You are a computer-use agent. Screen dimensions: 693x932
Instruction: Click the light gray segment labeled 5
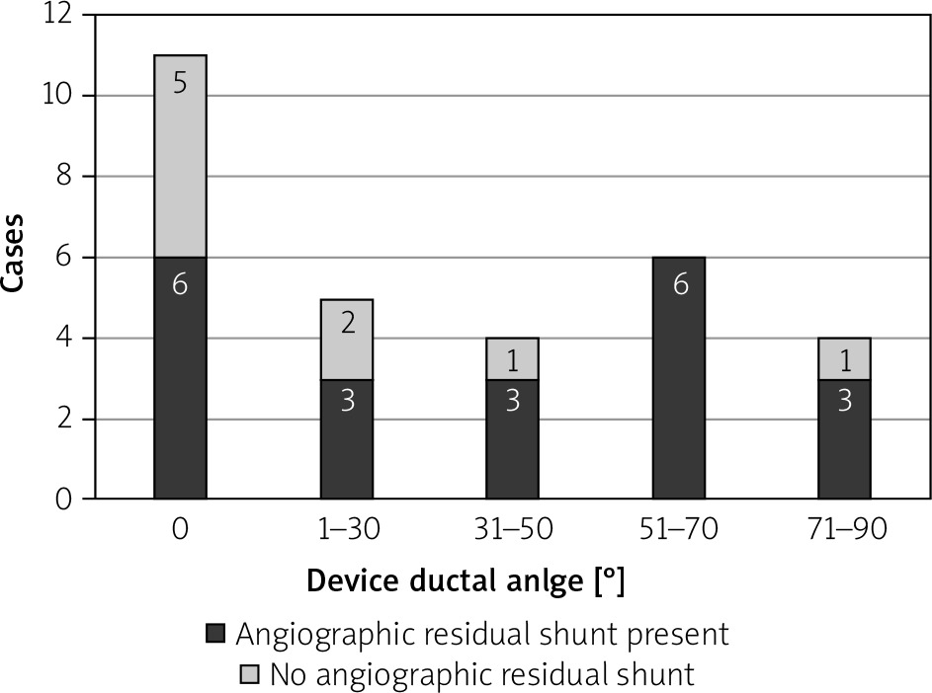tap(180, 156)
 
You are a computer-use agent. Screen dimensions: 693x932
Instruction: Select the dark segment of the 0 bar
tap(180, 378)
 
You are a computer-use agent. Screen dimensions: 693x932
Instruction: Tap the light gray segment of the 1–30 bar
tap(347, 340)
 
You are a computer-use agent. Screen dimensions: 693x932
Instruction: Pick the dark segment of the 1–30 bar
tap(347, 439)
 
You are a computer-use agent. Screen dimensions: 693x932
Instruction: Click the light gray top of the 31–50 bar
tap(512, 359)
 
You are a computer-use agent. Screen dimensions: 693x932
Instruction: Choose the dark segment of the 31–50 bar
tap(512, 439)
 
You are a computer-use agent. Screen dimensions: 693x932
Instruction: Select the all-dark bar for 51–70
tap(678, 378)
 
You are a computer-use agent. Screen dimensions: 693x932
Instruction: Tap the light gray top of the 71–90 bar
tap(844, 359)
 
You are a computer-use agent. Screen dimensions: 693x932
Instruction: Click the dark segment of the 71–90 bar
tap(844, 439)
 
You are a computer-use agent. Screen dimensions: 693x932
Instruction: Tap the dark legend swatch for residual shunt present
tap(215, 633)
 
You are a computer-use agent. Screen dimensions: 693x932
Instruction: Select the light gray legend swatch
tap(250, 675)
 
